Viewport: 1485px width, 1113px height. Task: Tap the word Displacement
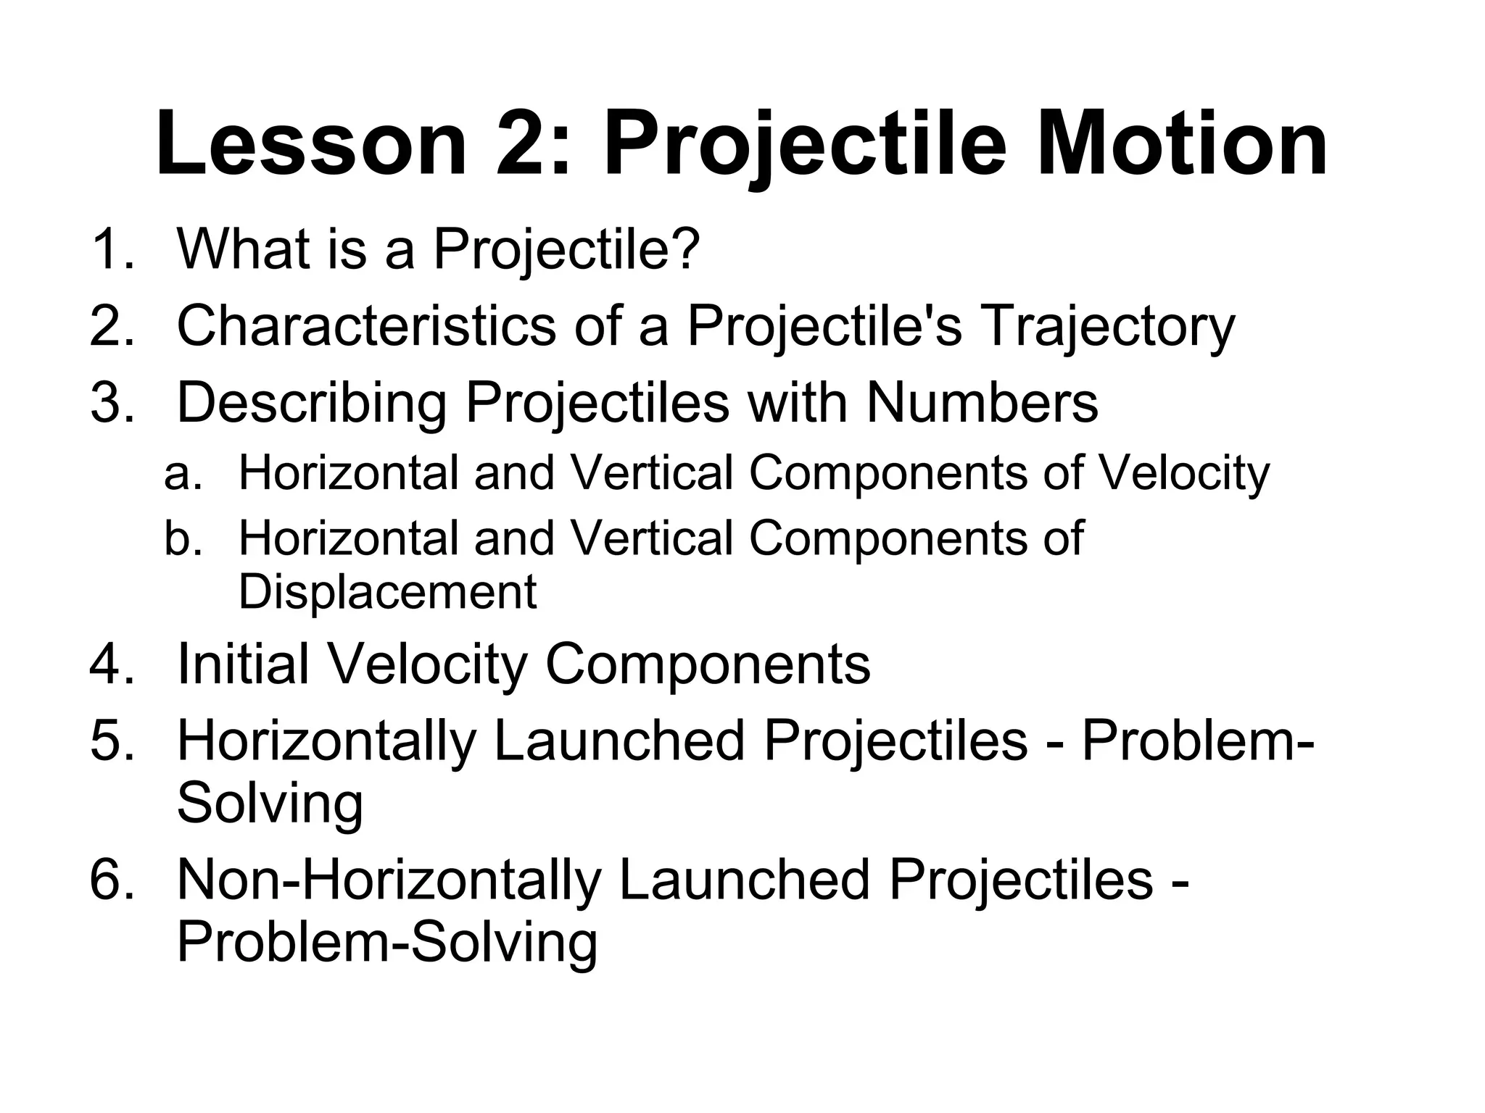[388, 593]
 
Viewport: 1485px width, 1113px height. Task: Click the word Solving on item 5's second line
[270, 804]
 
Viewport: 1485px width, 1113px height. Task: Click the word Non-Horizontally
[389, 880]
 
